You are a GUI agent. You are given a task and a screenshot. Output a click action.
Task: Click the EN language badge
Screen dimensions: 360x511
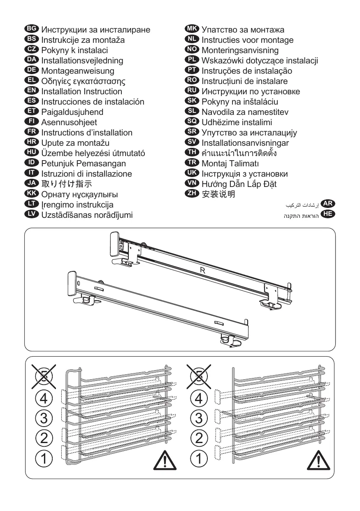pyautogui.click(x=32, y=91)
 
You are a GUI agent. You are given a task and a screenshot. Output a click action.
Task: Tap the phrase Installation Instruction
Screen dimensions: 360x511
pyautogui.click(x=81, y=91)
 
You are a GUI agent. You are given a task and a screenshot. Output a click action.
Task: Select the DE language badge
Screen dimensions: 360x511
pyautogui.click(x=32, y=70)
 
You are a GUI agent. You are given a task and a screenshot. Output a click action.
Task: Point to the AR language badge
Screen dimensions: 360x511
pyautogui.click(x=328, y=203)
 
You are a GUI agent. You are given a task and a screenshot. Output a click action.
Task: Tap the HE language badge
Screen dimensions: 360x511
pyautogui.click(x=328, y=213)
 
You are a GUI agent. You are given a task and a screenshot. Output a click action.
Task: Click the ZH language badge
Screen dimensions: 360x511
pyautogui.click(x=192, y=194)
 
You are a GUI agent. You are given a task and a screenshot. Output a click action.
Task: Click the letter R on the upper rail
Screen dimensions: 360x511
pyautogui.click(x=202, y=271)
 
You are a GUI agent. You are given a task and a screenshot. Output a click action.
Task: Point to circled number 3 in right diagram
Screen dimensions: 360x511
pyautogui.click(x=199, y=418)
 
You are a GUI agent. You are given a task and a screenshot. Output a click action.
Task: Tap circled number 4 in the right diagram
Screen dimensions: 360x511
pyautogui.click(x=199, y=399)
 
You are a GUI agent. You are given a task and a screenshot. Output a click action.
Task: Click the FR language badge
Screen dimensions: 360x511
pyautogui.click(x=32, y=132)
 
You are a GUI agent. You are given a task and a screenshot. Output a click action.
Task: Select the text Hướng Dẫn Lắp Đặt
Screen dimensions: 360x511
pyautogui.click(x=239, y=184)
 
